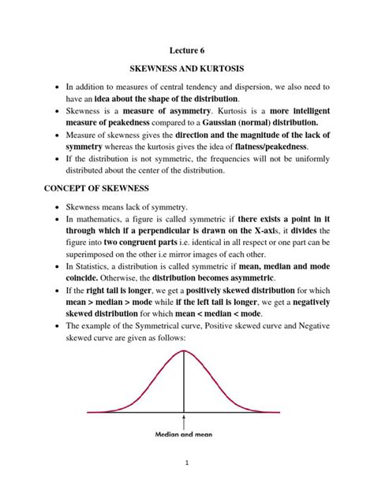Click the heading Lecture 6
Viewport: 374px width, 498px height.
(x=186, y=50)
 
